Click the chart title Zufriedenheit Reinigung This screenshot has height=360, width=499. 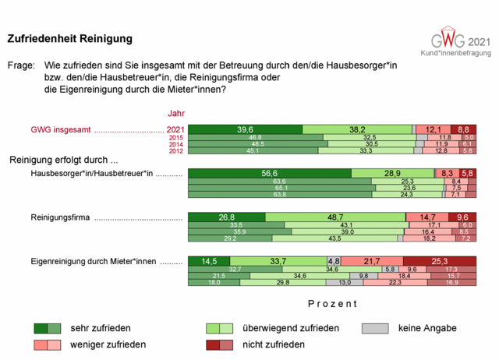[69, 38]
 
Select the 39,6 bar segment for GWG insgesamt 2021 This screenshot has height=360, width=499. [246, 129]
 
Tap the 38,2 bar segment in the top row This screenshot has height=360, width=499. [357, 129]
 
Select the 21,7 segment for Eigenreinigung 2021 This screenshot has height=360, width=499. [372, 261]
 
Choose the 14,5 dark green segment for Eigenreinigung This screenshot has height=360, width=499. [209, 261]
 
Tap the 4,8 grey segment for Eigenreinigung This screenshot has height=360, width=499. [334, 261]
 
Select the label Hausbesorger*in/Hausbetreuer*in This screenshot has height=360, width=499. [92, 174]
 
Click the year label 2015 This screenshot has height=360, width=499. [175, 137]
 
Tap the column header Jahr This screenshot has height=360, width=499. [176, 114]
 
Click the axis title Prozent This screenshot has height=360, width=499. [332, 303]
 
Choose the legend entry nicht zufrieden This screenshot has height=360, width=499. [273, 344]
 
